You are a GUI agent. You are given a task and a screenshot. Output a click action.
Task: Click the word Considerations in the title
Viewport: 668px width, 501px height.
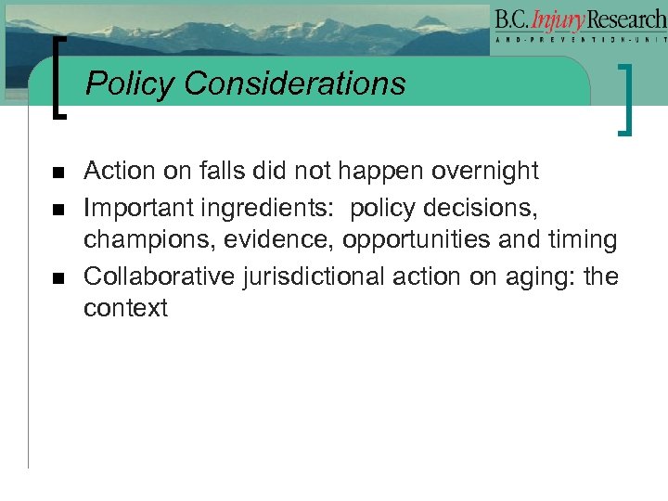(x=295, y=84)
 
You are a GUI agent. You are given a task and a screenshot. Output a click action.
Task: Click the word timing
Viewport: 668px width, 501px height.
(x=582, y=240)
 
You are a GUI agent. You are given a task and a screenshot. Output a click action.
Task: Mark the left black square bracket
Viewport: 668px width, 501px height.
(x=59, y=78)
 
